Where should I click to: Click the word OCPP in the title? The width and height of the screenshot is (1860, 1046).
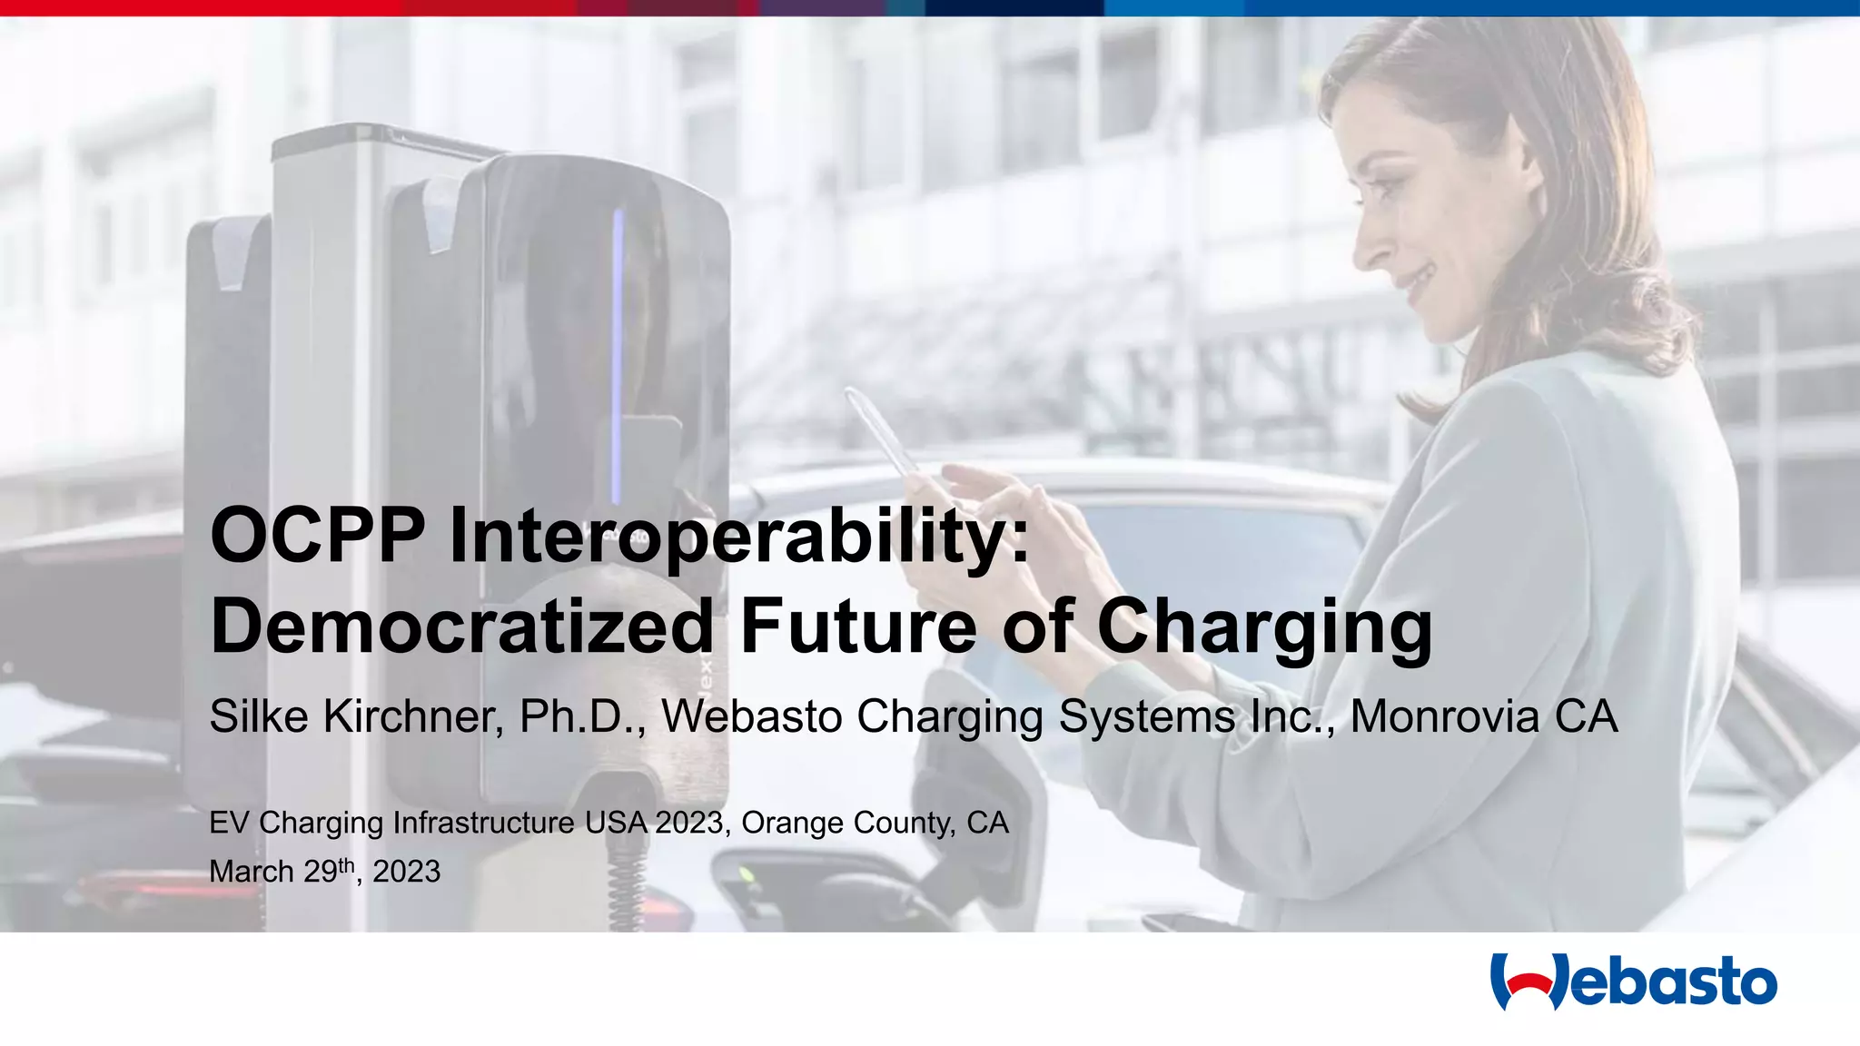[317, 536]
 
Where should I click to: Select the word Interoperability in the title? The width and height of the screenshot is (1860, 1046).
[739, 538]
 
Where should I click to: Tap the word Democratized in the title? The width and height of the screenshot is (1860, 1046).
[462, 627]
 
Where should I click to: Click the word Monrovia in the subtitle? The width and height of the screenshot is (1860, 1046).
[1445, 716]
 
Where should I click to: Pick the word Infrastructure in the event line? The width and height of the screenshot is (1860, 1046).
[483, 823]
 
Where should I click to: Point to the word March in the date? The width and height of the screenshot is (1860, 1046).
[252, 872]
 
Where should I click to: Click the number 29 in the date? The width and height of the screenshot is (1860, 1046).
[321, 872]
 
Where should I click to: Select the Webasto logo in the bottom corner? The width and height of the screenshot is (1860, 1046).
[1633, 982]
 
